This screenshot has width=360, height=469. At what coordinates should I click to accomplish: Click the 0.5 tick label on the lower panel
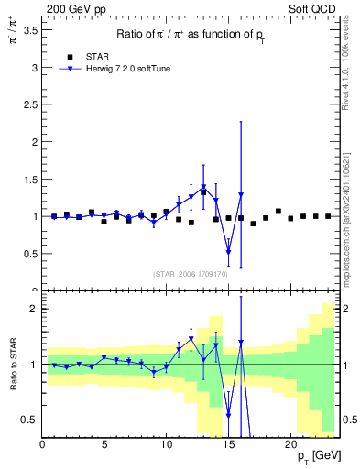click(28, 420)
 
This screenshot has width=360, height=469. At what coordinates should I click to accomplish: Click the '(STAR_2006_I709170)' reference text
click(191, 274)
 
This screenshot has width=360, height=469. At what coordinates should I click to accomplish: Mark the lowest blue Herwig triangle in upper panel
click(228, 251)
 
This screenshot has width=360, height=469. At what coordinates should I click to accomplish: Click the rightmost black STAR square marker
click(328, 216)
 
